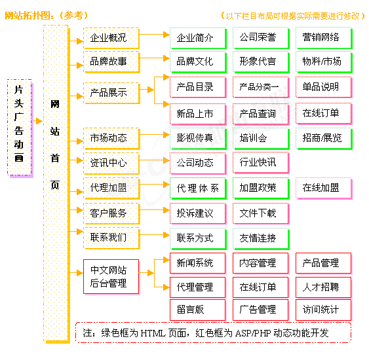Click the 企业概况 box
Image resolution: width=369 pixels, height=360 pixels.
(x=111, y=38)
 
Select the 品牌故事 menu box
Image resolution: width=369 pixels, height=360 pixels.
(x=111, y=62)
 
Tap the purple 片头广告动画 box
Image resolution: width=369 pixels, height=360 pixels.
(x=20, y=128)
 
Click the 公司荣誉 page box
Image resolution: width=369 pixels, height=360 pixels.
(x=261, y=38)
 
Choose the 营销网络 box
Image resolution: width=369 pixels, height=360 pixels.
(x=324, y=38)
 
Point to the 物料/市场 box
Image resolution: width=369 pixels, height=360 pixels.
(x=324, y=62)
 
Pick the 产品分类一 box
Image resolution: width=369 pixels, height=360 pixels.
(x=261, y=87)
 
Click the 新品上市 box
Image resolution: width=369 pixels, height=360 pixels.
(x=198, y=114)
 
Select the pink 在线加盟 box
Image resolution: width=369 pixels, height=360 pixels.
(x=324, y=189)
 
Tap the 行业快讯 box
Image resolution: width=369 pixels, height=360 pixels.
(x=261, y=163)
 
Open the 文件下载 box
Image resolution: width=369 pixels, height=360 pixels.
(x=261, y=213)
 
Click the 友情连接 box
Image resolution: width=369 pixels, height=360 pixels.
(x=261, y=238)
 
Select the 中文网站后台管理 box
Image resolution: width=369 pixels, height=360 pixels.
(x=111, y=277)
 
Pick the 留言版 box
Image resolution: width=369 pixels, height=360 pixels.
(x=198, y=310)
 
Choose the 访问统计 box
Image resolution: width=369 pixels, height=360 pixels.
(x=324, y=310)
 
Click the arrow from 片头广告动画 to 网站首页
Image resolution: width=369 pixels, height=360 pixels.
(x=38, y=121)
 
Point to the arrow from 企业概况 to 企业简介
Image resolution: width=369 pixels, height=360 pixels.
(x=155, y=35)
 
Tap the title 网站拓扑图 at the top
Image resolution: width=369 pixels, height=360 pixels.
(x=27, y=16)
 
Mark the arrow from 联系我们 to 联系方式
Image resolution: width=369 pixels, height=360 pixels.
(x=155, y=235)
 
